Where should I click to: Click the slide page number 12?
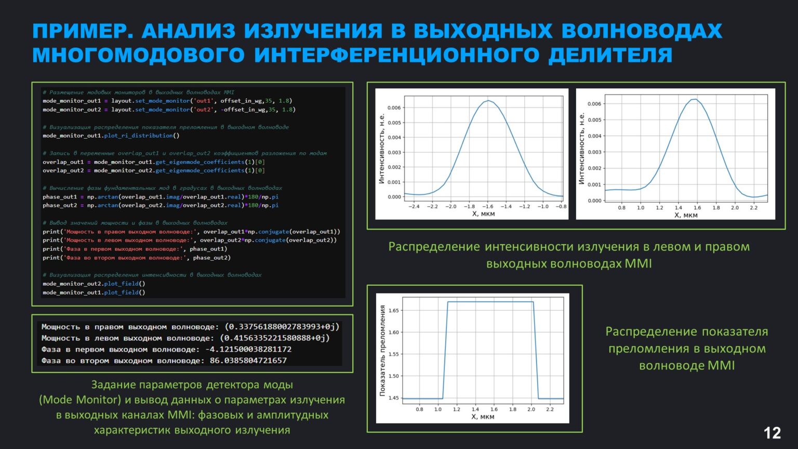[x=772, y=433]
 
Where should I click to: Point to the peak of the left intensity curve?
[x=488, y=101]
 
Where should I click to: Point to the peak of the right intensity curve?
[x=694, y=99]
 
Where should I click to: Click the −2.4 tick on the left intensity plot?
[x=414, y=207]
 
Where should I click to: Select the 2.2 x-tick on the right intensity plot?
[x=753, y=208]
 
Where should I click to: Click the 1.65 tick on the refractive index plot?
[x=393, y=311]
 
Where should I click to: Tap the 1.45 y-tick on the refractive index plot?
[x=393, y=398]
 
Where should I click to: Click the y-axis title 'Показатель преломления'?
[x=382, y=351]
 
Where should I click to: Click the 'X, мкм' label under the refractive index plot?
[x=483, y=417]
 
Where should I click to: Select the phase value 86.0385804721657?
[x=248, y=361]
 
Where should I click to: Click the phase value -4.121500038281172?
[x=248, y=349]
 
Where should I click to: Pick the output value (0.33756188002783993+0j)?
[x=282, y=327]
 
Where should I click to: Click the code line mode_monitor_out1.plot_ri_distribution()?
[x=111, y=136]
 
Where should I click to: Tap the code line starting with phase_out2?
[x=161, y=205]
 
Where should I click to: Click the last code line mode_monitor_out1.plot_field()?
[x=94, y=293]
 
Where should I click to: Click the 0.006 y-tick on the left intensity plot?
[x=394, y=108]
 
